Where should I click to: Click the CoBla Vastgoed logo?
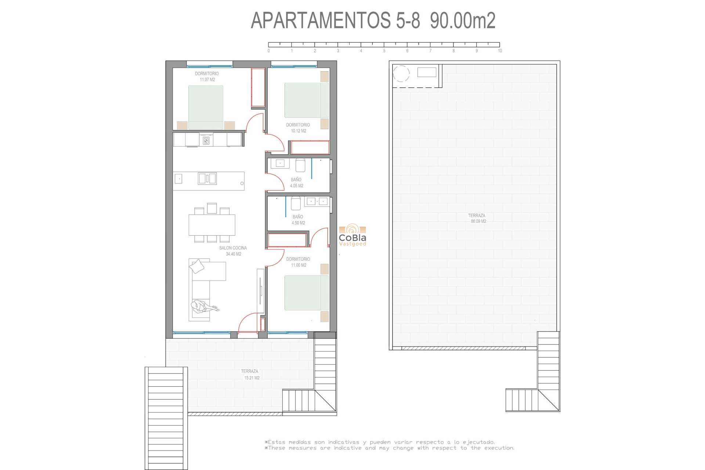point(352,235)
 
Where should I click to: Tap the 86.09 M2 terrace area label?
point(478,221)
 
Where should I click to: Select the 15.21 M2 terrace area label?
point(252,378)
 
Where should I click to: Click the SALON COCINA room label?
point(233,248)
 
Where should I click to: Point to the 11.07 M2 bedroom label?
point(207,80)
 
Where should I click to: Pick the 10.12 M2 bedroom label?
point(298,131)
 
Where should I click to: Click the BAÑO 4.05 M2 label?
point(296,183)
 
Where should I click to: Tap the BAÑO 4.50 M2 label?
point(298,220)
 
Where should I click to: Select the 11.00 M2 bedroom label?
point(298,265)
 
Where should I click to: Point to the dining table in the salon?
point(212,225)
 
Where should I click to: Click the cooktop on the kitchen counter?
point(206,140)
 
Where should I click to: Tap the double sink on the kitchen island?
point(207,178)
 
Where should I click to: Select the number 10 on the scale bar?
point(500,51)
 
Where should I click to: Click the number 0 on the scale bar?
point(269,51)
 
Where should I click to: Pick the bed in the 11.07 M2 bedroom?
point(206,107)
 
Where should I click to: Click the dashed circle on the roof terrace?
point(401,74)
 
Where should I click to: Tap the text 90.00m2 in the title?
point(462,21)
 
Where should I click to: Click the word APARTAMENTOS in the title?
point(321,21)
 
